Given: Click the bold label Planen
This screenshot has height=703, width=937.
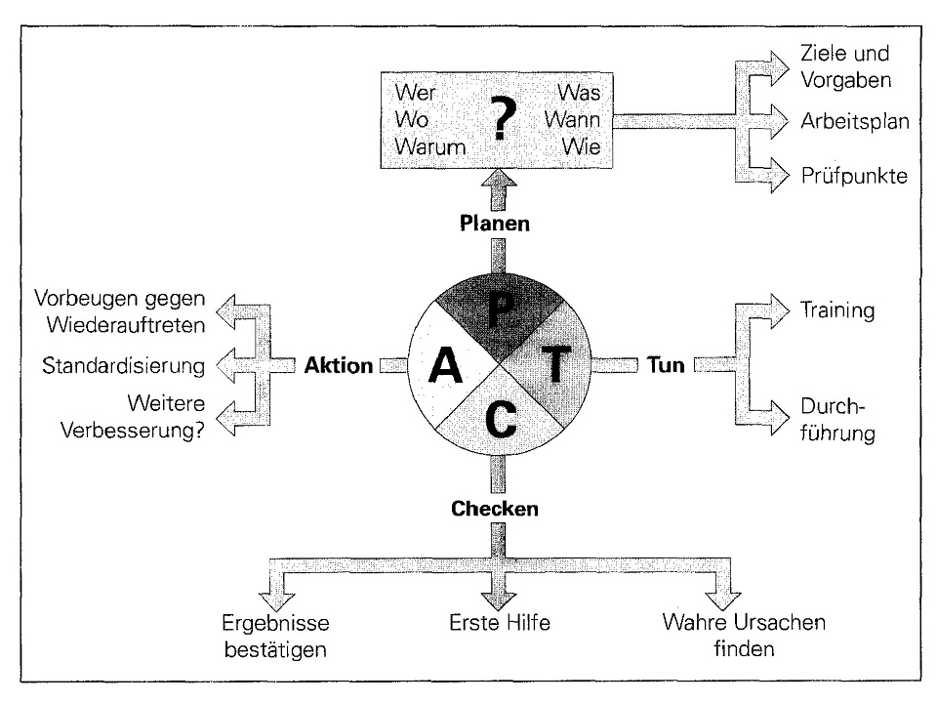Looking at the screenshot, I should click(x=498, y=225).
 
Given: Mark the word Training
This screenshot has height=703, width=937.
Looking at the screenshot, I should click(x=836, y=310).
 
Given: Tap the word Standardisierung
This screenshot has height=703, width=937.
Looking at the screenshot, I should click(x=124, y=366).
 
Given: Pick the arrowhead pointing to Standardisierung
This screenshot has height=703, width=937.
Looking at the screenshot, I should click(x=225, y=366).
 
